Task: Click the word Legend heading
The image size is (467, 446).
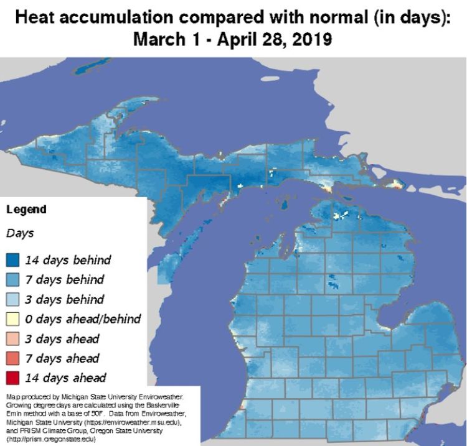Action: pyautogui.click(x=26, y=210)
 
